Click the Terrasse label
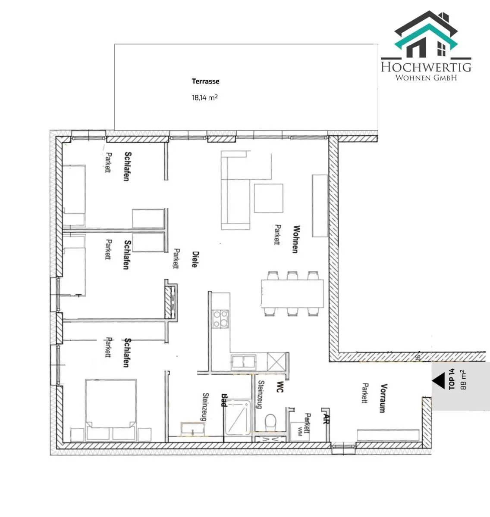205,81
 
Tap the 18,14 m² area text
205,97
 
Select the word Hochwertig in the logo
426,67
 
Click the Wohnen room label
296,239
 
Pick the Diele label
195,259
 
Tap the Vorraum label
383,398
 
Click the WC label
280,387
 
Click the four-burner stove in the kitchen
221,319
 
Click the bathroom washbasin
192,429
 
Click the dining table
292,293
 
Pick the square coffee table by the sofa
269,198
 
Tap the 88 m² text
463,380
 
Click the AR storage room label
327,419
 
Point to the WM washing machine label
300,432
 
